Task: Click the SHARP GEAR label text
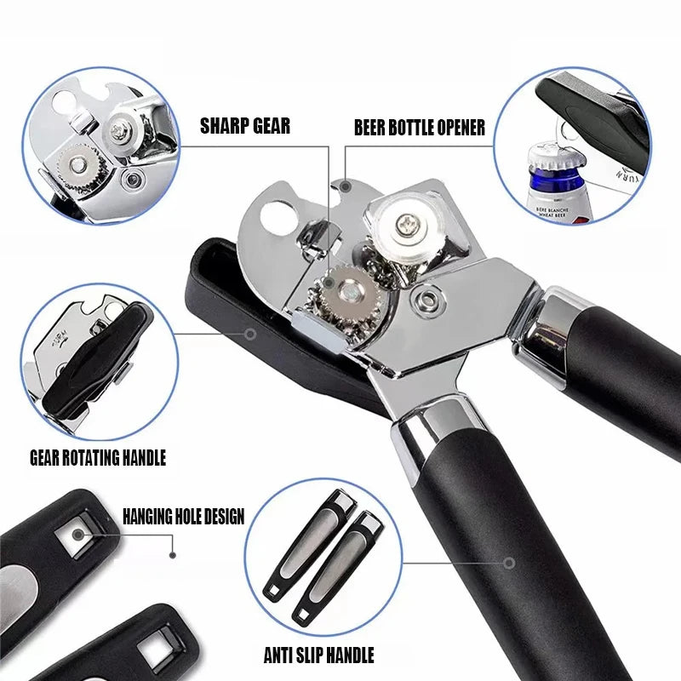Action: (x=244, y=127)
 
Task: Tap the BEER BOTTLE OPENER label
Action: (x=419, y=128)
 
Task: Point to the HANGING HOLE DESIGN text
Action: (x=183, y=516)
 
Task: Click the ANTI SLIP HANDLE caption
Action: (x=318, y=655)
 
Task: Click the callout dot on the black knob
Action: (x=250, y=334)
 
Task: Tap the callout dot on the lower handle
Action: (x=509, y=562)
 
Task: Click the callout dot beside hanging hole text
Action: (x=173, y=553)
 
